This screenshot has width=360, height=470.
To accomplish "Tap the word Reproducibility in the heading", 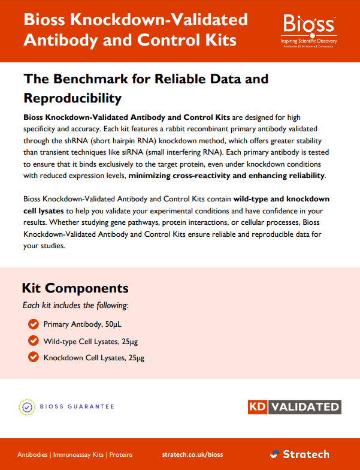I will point(72,97).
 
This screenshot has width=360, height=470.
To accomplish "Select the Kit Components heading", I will point(75,288).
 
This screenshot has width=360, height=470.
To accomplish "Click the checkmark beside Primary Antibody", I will point(34,324).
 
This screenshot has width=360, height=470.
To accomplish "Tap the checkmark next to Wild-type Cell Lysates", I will point(34,341).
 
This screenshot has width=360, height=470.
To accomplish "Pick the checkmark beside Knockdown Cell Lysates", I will point(34,358).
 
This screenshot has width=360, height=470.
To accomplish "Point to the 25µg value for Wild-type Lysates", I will point(137,341).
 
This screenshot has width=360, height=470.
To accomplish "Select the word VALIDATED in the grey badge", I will point(304,406).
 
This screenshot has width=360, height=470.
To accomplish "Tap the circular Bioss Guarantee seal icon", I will point(27,407).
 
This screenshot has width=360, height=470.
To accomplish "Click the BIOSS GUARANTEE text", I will point(77,407).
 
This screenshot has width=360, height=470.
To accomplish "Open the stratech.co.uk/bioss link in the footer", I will point(192,454).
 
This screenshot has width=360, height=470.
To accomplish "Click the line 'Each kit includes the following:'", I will point(75,306).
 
